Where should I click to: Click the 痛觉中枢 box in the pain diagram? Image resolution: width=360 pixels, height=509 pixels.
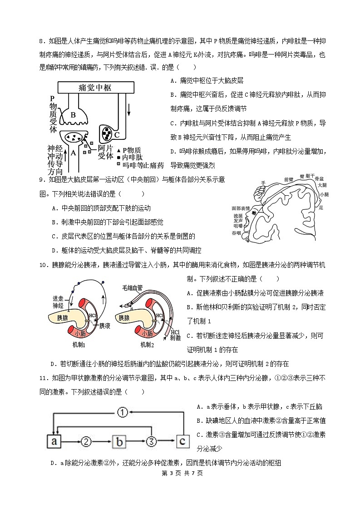(x=95, y=87)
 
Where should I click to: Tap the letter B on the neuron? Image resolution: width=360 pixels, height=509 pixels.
(x=73, y=114)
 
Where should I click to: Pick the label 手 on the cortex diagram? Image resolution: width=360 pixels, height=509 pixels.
(x=262, y=183)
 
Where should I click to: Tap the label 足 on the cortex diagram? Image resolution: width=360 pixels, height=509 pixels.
(x=321, y=207)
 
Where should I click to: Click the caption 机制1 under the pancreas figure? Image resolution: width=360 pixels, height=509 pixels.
(x=79, y=345)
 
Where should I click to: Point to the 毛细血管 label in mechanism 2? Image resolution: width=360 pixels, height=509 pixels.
(x=132, y=288)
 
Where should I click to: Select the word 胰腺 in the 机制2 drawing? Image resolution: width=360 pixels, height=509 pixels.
(x=127, y=318)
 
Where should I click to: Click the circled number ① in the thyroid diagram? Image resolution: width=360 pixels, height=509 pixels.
(x=122, y=412)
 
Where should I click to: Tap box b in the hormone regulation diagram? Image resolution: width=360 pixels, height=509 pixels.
(x=118, y=441)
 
